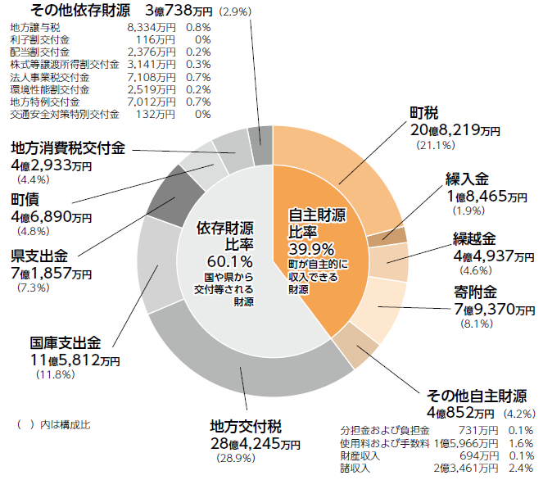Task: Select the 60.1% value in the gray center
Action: pos(224,261)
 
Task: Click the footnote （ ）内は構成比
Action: pos(53,424)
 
